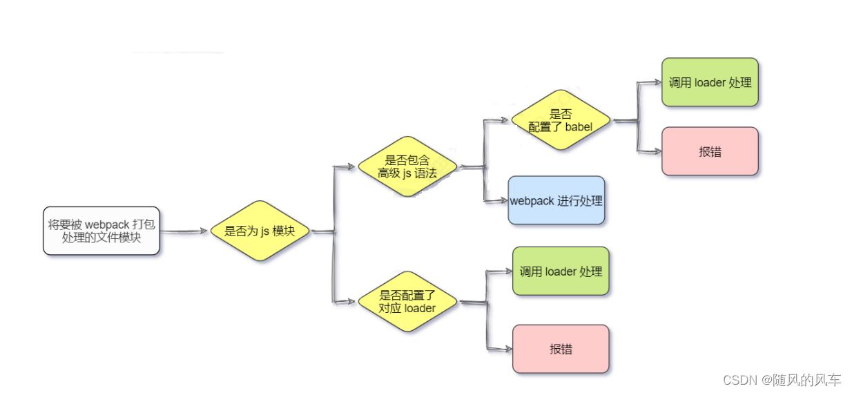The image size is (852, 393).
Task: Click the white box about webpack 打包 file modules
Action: click(x=101, y=231)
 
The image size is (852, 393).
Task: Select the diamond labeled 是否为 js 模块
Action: click(x=260, y=231)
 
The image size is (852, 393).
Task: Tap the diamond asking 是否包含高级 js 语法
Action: click(x=407, y=166)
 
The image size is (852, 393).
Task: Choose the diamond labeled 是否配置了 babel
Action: click(x=561, y=120)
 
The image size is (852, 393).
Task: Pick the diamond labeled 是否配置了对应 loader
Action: click(x=407, y=302)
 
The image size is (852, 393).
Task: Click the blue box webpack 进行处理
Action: click(x=556, y=201)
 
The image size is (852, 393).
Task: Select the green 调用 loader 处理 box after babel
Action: click(x=710, y=82)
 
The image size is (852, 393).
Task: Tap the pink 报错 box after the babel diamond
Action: click(x=710, y=151)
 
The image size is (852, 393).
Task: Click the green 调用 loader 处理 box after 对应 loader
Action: click(x=561, y=271)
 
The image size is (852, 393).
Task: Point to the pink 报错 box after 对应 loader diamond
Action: click(x=561, y=349)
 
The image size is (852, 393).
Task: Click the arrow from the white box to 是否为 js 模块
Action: click(x=184, y=231)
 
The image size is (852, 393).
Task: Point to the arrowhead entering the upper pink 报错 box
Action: click(x=656, y=151)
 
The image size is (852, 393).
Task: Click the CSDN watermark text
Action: click(x=782, y=380)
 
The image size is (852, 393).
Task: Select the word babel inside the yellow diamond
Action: click(x=579, y=127)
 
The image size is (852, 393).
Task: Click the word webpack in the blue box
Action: click(x=532, y=201)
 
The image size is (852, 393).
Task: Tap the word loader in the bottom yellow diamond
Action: click(x=420, y=308)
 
